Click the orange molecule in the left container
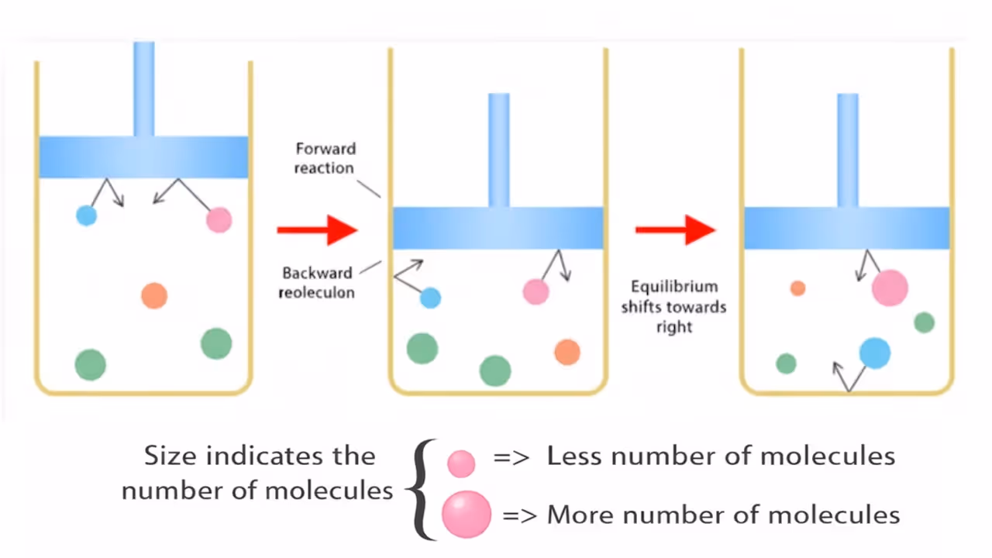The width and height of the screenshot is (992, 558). [154, 295]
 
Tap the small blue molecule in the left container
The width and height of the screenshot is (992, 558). [86, 215]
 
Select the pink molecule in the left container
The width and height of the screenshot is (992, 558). [219, 219]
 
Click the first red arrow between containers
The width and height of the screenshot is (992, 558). [317, 229]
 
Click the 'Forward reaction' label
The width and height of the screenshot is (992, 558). [324, 158]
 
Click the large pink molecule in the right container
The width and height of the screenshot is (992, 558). [890, 288]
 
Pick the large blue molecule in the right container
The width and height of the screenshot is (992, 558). [875, 353]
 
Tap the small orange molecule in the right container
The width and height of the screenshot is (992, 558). [797, 288]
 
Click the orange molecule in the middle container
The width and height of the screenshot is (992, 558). [567, 352]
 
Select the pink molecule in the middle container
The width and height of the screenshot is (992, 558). [536, 291]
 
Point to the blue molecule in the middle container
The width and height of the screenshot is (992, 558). [430, 298]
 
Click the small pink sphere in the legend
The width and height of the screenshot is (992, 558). [461, 463]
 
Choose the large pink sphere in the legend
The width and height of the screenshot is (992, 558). [467, 514]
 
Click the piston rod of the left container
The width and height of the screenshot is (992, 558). [143, 88]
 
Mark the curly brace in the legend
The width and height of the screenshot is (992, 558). [421, 488]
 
